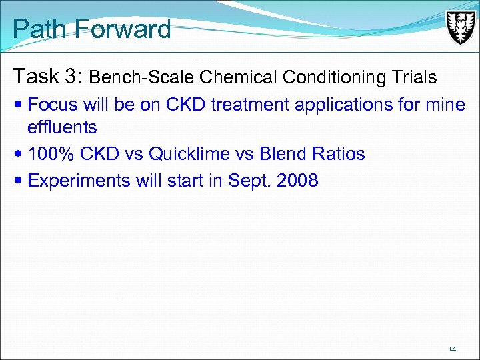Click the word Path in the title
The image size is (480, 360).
[41, 29]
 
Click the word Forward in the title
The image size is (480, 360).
[123, 29]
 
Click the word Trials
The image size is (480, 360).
[414, 78]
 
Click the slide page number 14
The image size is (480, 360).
[452, 348]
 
